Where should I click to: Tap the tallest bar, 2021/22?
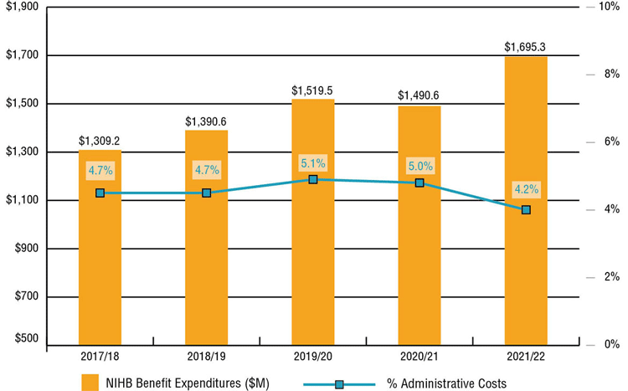coord(525,209)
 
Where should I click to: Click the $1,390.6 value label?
coord(206,121)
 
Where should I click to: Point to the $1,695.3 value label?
coord(526,48)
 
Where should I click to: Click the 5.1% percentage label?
coord(313,163)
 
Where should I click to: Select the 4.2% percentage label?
coord(526,188)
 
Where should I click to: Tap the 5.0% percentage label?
coord(420,166)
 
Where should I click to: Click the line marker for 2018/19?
coord(207,193)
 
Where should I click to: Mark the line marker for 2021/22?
coord(526,210)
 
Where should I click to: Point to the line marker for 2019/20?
coord(313,179)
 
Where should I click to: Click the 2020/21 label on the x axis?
coord(419,358)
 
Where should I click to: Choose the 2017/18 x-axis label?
coord(100,358)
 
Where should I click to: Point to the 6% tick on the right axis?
coord(609,141)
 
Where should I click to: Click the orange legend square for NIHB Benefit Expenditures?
coord(90,382)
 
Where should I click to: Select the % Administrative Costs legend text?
coord(446,383)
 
